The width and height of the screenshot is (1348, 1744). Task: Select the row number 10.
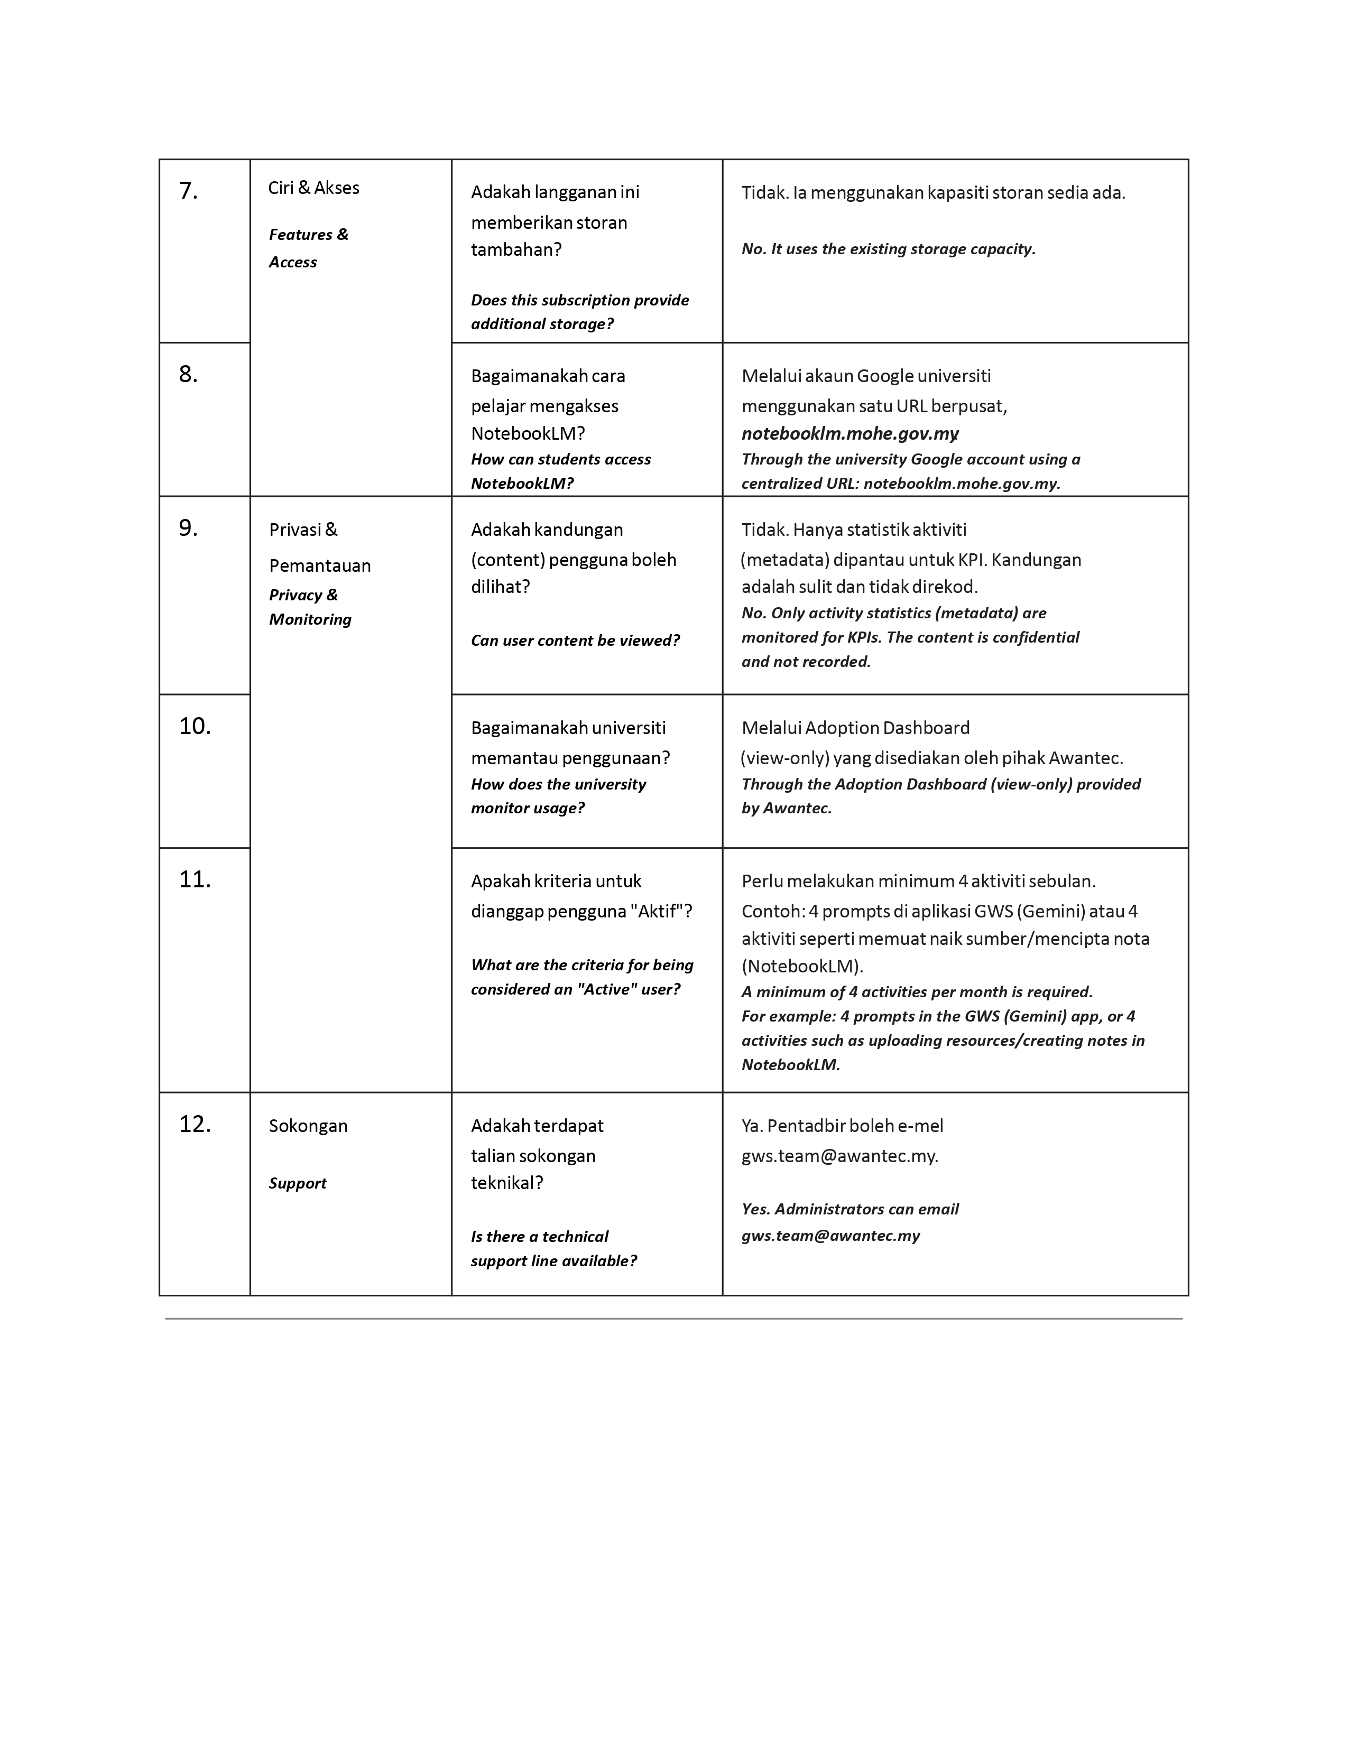coord(195,727)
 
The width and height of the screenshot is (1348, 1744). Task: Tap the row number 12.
coord(195,1124)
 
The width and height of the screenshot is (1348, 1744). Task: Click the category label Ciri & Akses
coord(314,189)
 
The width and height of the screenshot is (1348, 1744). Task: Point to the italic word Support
coord(298,1183)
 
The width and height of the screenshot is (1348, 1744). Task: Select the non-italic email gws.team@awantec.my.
coord(839,1156)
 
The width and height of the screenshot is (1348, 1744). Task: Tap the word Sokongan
coord(308,1126)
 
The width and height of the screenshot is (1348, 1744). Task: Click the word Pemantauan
coord(320,566)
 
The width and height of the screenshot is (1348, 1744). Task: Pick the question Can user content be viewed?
coord(575,641)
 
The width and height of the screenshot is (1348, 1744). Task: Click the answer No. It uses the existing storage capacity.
coord(888,249)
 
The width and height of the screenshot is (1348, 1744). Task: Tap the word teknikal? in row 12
coord(507,1183)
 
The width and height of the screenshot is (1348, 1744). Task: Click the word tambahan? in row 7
coord(516,250)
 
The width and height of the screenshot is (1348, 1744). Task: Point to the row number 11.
coord(195,880)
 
